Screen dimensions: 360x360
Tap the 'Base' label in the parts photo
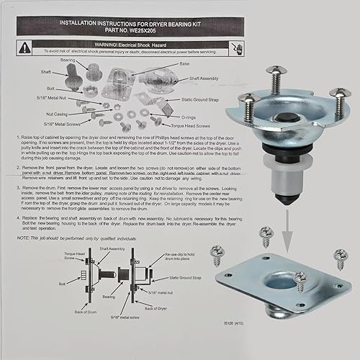[x=185, y=63]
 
